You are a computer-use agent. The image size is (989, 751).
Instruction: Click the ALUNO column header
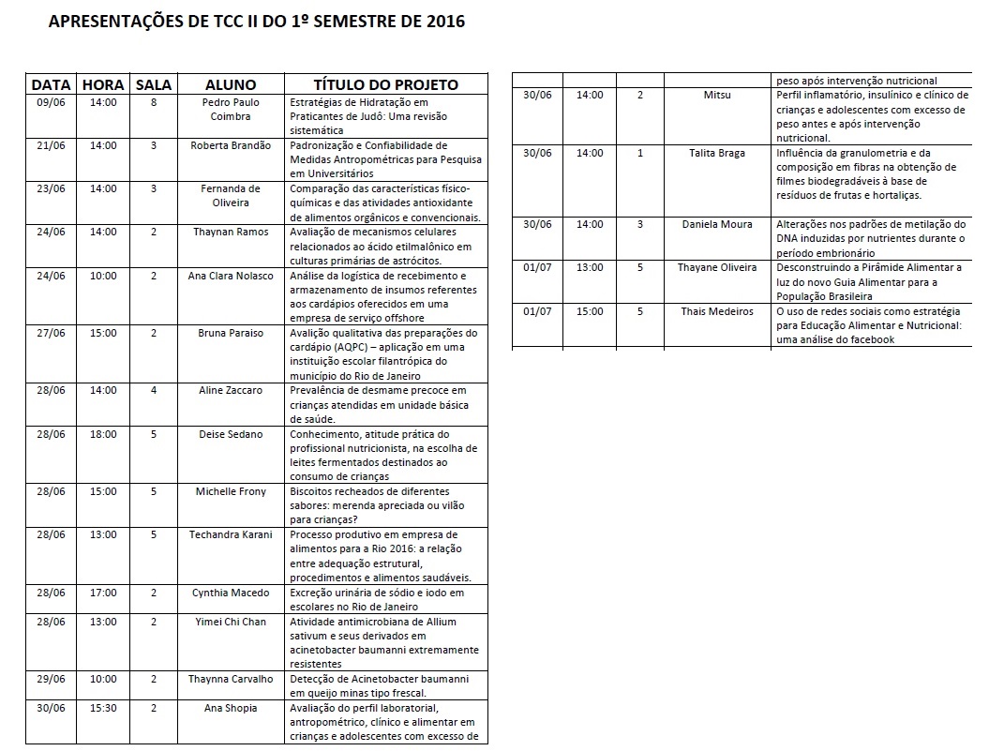click(231, 84)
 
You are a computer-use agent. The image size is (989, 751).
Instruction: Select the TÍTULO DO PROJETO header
click(385, 84)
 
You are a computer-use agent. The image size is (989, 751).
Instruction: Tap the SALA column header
click(154, 84)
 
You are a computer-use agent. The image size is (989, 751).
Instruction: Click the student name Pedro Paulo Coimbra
click(231, 109)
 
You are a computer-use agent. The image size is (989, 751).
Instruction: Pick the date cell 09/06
click(51, 102)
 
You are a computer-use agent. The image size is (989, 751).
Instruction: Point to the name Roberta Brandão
click(231, 145)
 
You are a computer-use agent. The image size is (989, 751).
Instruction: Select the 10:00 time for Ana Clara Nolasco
click(103, 276)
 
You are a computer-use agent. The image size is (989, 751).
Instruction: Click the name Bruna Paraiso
click(231, 333)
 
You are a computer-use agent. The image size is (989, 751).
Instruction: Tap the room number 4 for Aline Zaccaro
click(154, 390)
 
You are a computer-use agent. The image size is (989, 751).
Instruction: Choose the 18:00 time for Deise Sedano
click(103, 434)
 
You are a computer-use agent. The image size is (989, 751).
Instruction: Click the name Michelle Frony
click(231, 491)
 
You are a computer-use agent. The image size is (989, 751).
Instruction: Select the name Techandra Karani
click(231, 534)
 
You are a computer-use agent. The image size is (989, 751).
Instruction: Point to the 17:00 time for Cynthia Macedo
click(103, 593)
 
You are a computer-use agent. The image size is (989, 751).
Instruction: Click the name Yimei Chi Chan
click(231, 622)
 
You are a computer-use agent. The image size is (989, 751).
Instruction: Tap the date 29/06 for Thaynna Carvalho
click(51, 679)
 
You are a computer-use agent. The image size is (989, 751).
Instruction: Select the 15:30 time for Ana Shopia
click(103, 708)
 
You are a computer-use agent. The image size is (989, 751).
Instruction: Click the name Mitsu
click(717, 95)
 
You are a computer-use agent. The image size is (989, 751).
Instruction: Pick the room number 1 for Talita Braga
click(640, 153)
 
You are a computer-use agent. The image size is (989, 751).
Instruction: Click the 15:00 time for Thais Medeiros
click(590, 311)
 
